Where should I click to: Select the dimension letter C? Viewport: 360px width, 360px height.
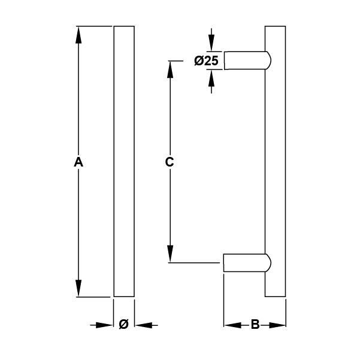170,162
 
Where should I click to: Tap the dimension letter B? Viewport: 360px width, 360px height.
255,325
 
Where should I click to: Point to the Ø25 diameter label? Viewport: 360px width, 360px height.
207,60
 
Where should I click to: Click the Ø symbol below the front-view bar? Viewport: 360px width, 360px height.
123,325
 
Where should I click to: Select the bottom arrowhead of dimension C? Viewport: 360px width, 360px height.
170,255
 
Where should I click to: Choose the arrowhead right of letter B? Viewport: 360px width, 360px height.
278,325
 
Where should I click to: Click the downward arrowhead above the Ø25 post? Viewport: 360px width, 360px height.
211,44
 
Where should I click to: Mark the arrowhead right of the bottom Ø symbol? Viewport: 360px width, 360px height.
141,325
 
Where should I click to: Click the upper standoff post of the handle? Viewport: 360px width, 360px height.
244,60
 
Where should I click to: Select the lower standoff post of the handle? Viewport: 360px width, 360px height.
244,263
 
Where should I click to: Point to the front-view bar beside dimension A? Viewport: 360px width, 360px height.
124,162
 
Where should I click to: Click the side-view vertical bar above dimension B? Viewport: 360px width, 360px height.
275,162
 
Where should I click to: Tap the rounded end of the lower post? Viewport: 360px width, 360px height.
267,263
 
